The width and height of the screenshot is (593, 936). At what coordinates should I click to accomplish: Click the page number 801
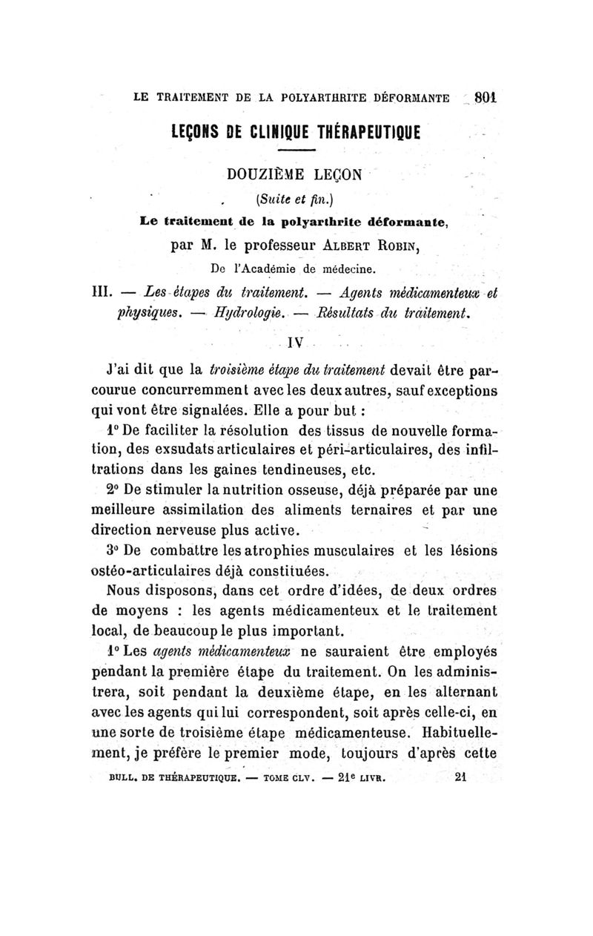(485, 96)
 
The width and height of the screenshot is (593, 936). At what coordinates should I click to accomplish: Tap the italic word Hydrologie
(248, 312)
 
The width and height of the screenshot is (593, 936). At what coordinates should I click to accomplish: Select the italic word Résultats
(348, 312)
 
